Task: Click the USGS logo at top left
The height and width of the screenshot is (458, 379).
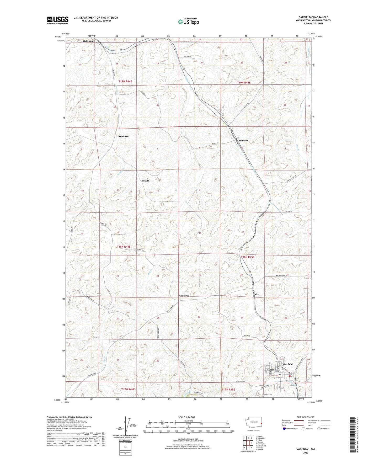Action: point(58,20)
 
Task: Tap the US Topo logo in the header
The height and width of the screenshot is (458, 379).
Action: point(188,22)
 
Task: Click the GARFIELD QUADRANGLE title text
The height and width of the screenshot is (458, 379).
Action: point(313,17)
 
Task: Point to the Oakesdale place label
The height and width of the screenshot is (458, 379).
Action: point(89,41)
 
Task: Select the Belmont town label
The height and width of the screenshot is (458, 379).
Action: point(243,141)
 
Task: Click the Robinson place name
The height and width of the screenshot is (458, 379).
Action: point(124,136)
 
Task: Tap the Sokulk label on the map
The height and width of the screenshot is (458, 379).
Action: point(145,181)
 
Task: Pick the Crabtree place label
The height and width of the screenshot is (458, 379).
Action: point(184,296)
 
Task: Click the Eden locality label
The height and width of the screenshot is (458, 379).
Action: point(257,294)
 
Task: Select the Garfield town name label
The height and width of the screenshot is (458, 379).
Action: point(288,364)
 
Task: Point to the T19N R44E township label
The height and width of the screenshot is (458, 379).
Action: point(125,82)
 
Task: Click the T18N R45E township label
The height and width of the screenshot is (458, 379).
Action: point(248,257)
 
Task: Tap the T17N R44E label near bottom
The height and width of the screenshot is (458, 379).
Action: point(128,390)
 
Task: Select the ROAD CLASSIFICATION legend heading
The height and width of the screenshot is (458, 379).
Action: point(306,417)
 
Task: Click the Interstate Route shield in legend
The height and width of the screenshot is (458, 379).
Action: point(285,429)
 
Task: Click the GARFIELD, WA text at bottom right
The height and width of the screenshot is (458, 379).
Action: point(306,449)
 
